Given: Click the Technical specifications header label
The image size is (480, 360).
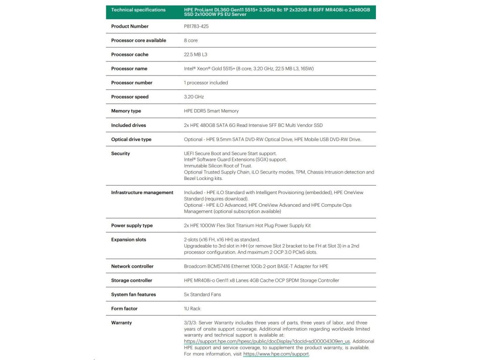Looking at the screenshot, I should (138, 10).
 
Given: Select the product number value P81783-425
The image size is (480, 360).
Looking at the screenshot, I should (196, 26).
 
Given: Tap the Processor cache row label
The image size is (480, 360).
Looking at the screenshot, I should (129, 54).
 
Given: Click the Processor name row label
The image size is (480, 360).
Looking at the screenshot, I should (129, 68).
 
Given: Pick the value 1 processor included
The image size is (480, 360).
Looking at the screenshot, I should (206, 82).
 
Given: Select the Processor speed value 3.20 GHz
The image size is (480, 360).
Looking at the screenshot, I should (194, 97).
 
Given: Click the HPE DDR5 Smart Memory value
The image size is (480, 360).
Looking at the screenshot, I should (211, 111).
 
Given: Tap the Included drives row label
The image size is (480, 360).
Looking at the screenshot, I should (128, 125).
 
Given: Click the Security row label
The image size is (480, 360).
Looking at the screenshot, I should (120, 153).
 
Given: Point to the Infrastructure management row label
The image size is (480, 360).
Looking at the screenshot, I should (142, 193).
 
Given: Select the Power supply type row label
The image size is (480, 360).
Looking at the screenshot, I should (132, 225).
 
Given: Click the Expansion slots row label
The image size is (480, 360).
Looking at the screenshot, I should (128, 240).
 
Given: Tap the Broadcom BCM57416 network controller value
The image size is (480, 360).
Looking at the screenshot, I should (256, 266).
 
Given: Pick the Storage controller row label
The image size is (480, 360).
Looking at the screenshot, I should (131, 280).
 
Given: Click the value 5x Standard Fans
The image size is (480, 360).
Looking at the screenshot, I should (202, 294).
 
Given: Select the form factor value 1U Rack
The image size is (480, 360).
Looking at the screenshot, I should (192, 308).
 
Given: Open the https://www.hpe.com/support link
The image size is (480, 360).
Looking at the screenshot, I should (276, 354).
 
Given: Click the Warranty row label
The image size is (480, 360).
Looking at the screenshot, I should (121, 322).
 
